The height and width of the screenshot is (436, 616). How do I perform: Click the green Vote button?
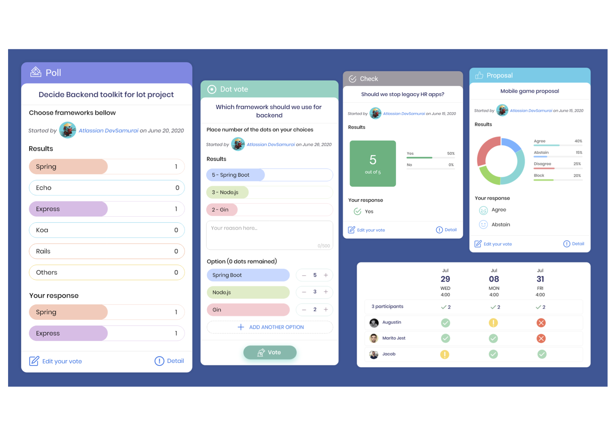click(x=270, y=352)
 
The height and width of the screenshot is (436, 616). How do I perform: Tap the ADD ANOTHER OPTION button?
click(x=270, y=327)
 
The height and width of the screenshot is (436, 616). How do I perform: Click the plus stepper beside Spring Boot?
click(x=326, y=275)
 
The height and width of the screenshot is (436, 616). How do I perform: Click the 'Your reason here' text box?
click(x=269, y=235)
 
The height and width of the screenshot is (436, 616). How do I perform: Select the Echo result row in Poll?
click(x=106, y=188)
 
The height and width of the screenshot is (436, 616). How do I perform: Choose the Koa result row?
click(x=106, y=230)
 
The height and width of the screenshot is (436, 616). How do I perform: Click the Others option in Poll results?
click(x=106, y=272)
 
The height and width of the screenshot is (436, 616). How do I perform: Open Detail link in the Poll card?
click(x=169, y=361)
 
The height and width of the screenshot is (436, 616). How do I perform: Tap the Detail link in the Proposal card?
click(x=574, y=244)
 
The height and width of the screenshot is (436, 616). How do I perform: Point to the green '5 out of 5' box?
click(x=372, y=163)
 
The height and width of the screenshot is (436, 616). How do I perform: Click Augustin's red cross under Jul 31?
click(x=541, y=322)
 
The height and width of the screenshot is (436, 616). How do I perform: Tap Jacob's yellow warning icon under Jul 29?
click(x=445, y=354)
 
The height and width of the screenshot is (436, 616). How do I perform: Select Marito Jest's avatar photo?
click(x=374, y=338)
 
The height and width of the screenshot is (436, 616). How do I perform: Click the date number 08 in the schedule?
click(x=494, y=279)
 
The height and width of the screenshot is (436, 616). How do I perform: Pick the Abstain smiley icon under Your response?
click(x=483, y=224)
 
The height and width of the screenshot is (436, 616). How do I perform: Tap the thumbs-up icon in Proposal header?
click(x=479, y=75)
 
